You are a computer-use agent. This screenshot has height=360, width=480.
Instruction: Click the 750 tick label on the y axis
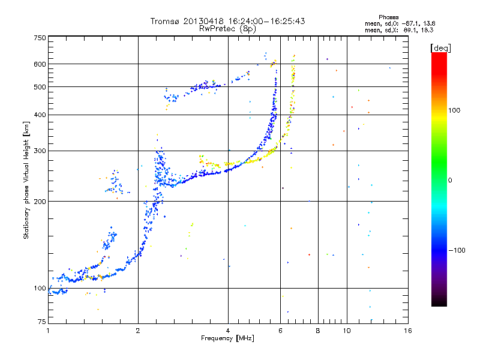(x=40, y=38)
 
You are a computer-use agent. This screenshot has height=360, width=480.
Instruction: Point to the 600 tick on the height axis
(x=40, y=64)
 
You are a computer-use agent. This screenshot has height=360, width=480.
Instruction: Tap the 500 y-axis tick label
(x=40, y=87)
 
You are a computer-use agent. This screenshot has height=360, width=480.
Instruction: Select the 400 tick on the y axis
(x=40, y=115)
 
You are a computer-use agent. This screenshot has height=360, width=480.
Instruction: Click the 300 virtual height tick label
(x=40, y=151)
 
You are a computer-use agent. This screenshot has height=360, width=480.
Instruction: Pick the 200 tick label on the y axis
(x=40, y=201)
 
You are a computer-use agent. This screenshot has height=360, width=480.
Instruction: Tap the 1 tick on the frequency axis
(x=48, y=331)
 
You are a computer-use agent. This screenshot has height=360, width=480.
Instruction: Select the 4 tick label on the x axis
(x=228, y=331)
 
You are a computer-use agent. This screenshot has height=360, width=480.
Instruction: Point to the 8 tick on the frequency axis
(x=318, y=331)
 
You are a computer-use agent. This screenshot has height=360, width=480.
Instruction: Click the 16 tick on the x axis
(x=408, y=331)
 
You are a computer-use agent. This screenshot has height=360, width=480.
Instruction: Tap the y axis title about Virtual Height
(x=26, y=180)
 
